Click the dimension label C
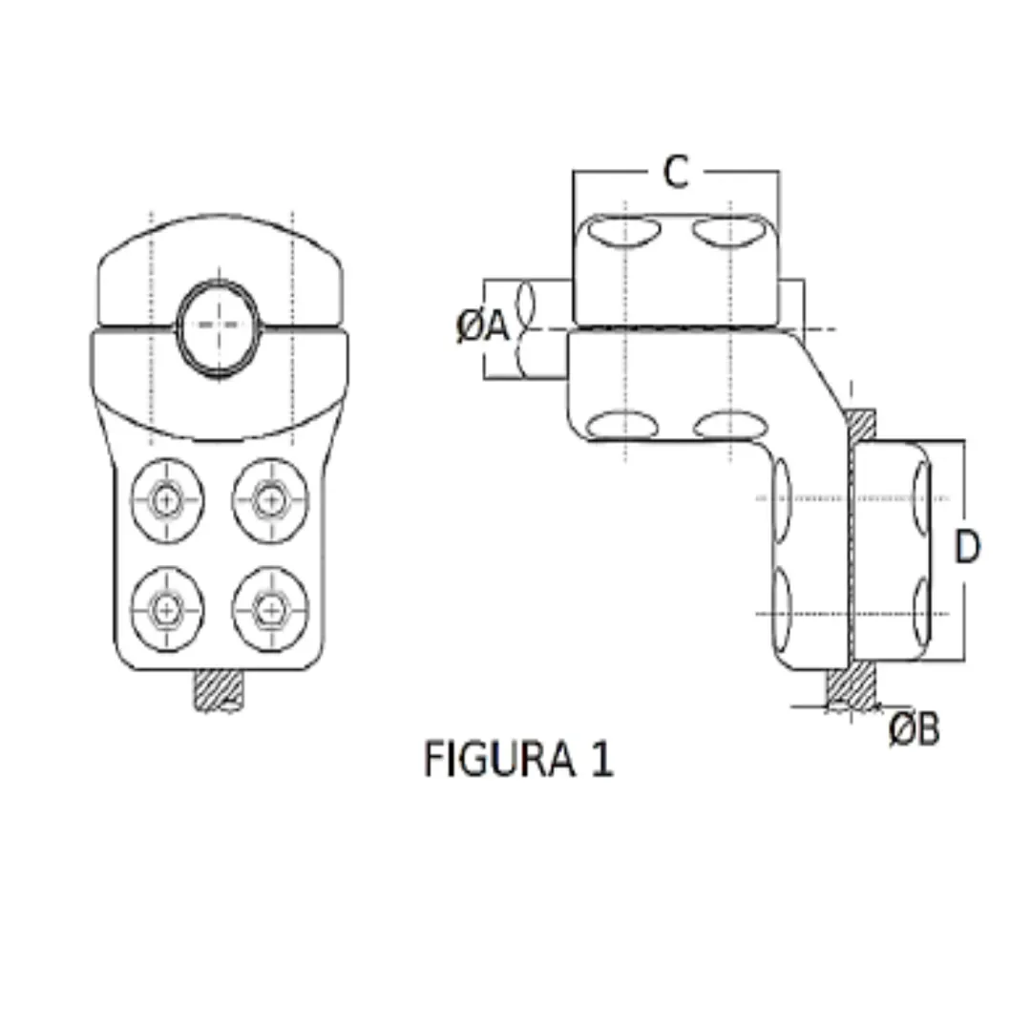click(675, 173)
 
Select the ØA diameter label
click(481, 327)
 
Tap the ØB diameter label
click(914, 729)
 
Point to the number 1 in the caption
click(600, 760)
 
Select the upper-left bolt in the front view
click(168, 498)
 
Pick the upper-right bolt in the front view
click(271, 498)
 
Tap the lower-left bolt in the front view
click(168, 607)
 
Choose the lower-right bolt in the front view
click(271, 607)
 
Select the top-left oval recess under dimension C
click(623, 232)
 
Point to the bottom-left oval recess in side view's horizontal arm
click(623, 425)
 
